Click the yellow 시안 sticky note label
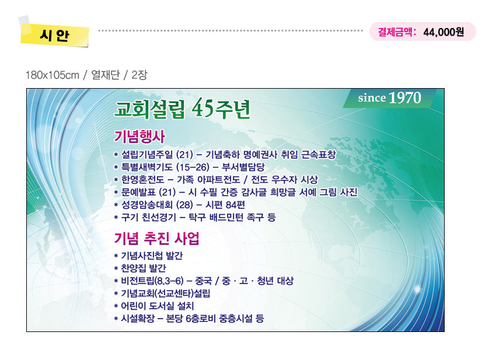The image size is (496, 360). [54, 34]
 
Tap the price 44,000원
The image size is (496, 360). [443, 32]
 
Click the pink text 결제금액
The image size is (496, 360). [395, 32]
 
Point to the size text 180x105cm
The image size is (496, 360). [52, 75]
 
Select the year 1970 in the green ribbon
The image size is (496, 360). [405, 97]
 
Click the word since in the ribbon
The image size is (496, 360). [372, 98]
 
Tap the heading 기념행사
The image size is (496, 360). [139, 137]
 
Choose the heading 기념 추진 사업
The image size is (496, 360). [156, 238]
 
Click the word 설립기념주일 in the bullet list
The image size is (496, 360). [147, 155]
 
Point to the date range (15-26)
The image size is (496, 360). [193, 167]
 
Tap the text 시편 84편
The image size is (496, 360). [225, 205]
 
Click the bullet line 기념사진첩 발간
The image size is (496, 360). [149, 256]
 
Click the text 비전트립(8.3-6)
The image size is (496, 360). [152, 281]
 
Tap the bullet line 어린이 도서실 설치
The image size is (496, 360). [154, 306]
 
